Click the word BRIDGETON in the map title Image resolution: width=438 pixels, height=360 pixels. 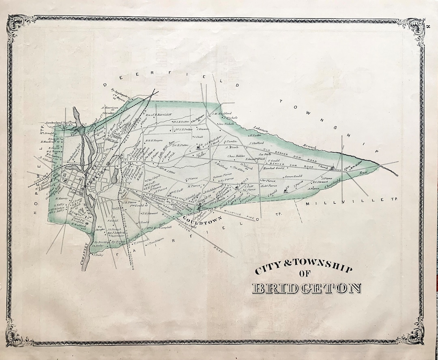307,289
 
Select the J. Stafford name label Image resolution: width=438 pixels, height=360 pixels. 257,143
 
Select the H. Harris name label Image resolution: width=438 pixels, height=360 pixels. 61,198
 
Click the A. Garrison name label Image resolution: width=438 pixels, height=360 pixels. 106,108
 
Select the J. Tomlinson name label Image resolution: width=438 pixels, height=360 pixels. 155,243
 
